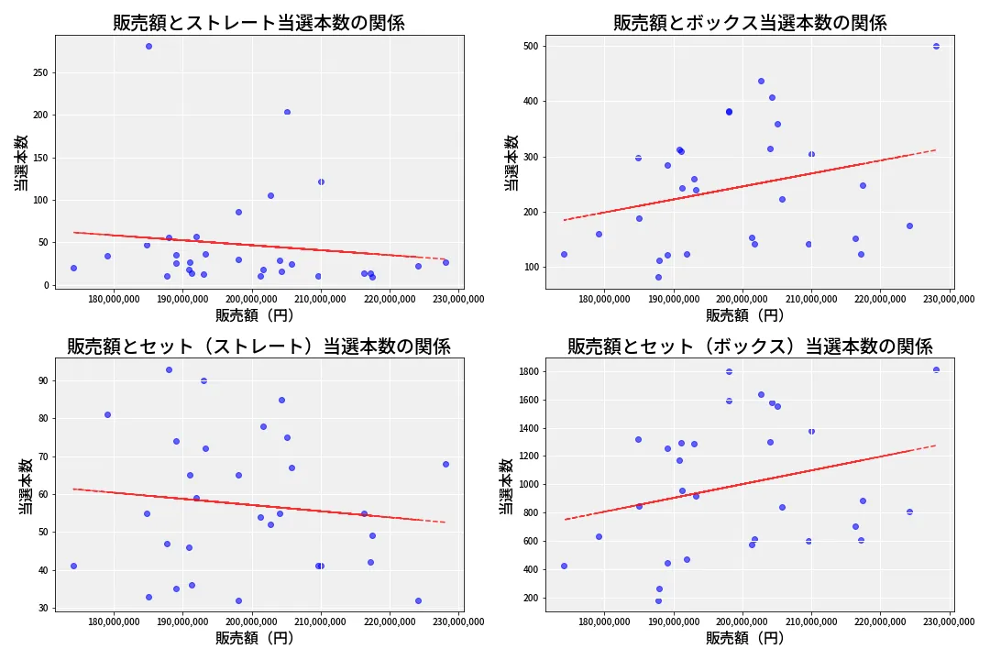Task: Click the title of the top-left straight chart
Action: click(x=258, y=23)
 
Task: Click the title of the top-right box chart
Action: click(x=750, y=23)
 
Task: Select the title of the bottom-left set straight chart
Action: click(x=258, y=346)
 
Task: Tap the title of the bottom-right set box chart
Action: click(x=750, y=346)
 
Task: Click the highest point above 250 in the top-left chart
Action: click(x=148, y=46)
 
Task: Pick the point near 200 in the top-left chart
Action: click(x=287, y=112)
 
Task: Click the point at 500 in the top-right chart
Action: click(x=936, y=46)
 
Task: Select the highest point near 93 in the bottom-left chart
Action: click(x=169, y=369)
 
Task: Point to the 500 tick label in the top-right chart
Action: click(x=529, y=46)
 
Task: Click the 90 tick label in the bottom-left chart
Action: click(x=41, y=380)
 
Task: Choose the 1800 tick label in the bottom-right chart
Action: click(x=525, y=371)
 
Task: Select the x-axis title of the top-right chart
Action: click(x=744, y=315)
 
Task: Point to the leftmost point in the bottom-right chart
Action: click(x=564, y=566)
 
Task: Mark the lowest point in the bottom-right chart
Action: click(x=658, y=601)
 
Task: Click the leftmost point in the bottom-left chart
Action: click(x=73, y=566)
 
